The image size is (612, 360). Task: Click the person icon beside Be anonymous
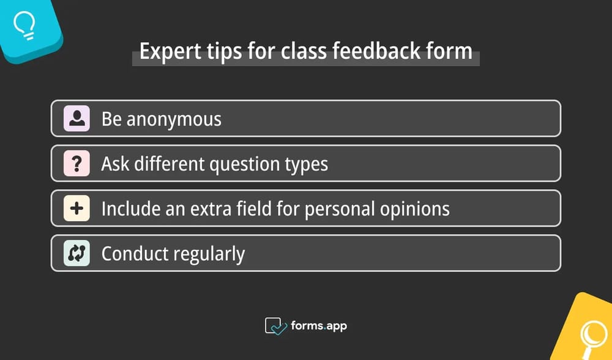coord(77,119)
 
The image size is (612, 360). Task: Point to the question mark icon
coord(77,163)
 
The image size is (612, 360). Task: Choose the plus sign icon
coord(77,208)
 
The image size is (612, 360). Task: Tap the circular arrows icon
coord(77,253)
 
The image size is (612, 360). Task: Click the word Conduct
coord(129,253)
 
